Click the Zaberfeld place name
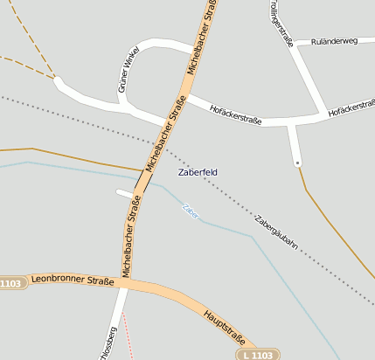pos(198,172)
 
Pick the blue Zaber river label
pos(190,210)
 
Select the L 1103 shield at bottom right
pos(260,355)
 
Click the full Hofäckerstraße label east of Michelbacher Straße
pos(236,114)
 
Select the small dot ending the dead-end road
pos(298,163)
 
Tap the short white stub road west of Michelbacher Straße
pos(125,192)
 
